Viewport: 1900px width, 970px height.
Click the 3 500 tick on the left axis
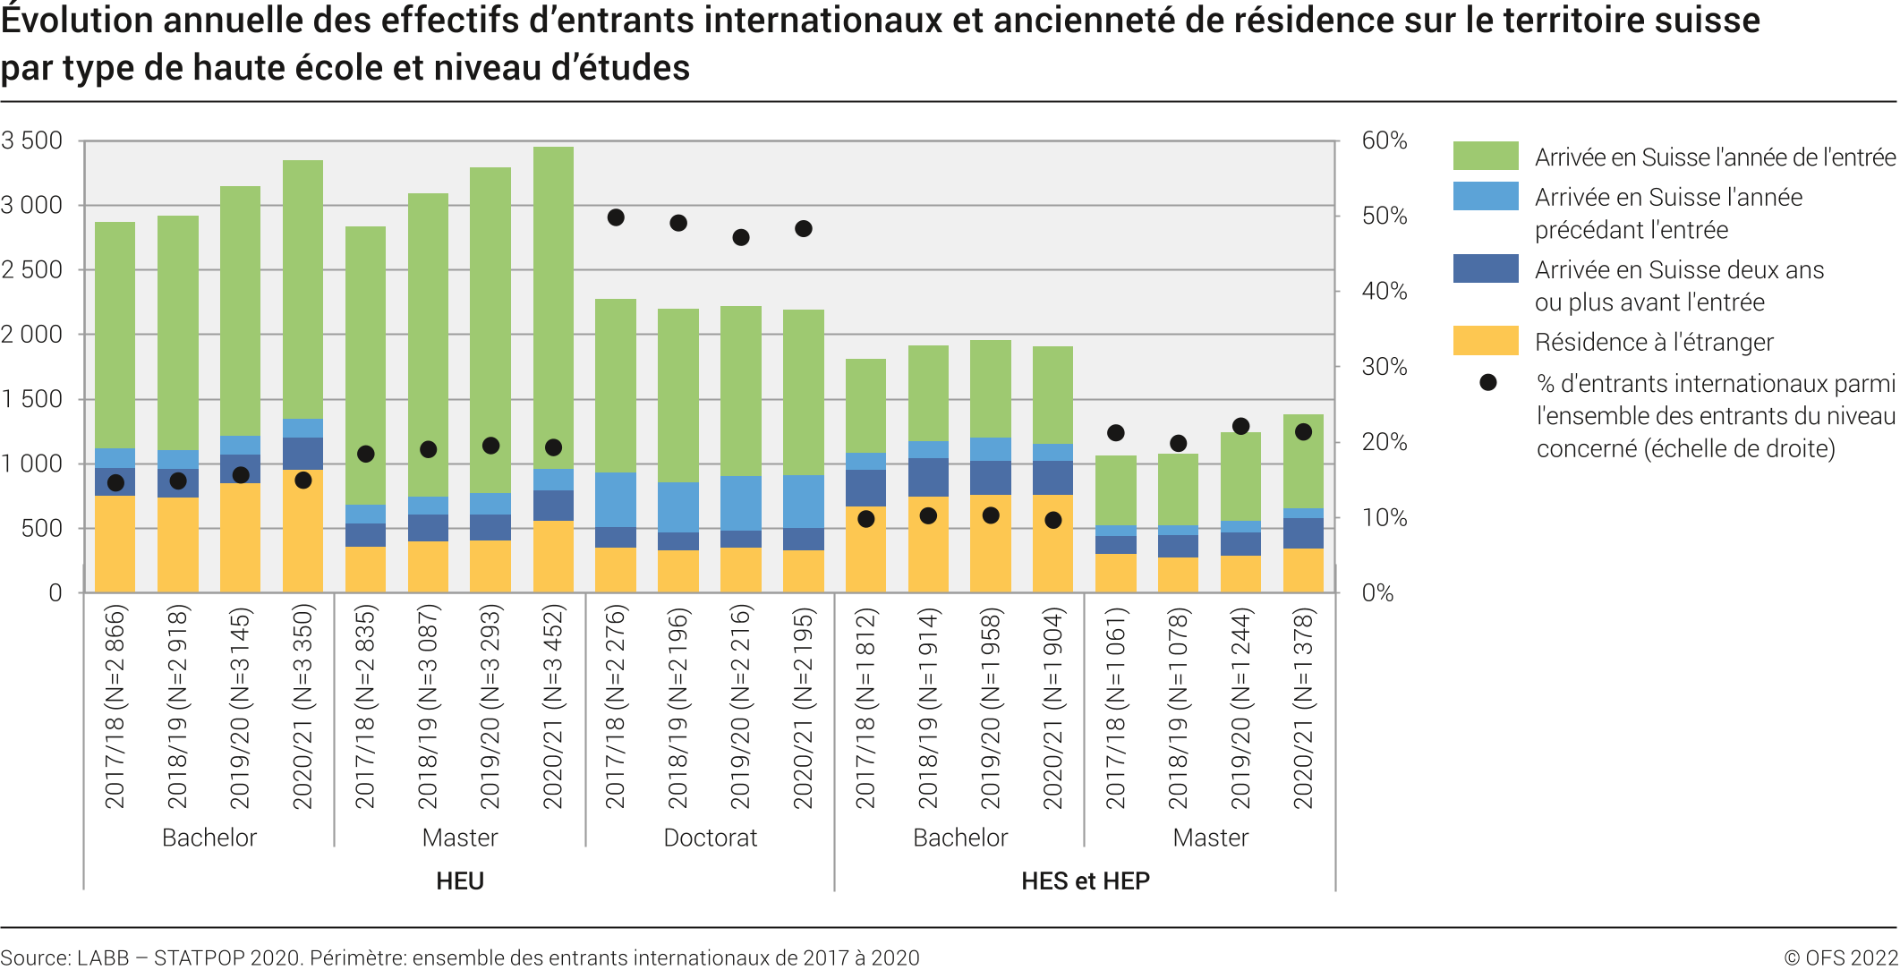point(32,140)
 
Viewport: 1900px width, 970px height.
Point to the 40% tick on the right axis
point(1384,291)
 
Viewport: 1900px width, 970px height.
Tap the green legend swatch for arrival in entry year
point(1485,156)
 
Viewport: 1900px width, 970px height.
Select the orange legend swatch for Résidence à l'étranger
point(1485,341)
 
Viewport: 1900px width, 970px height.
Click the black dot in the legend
point(1487,383)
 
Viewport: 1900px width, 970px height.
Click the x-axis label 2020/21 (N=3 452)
point(553,707)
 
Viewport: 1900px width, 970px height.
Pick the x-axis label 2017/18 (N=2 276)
point(616,707)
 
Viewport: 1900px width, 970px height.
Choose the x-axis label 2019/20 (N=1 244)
point(1240,707)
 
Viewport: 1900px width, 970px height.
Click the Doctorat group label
point(710,838)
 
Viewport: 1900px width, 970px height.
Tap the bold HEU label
point(460,881)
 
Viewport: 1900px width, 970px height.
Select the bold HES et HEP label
point(1085,881)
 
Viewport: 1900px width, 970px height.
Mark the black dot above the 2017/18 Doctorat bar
point(616,217)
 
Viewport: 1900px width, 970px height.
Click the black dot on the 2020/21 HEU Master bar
point(553,447)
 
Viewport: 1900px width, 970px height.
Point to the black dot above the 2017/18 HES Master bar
point(1115,433)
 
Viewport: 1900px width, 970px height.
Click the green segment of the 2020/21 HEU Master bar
point(553,304)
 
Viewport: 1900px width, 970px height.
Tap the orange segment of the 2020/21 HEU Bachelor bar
point(302,532)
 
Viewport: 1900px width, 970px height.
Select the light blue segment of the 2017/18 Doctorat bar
point(616,499)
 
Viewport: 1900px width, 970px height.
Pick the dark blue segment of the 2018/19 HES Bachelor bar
point(928,477)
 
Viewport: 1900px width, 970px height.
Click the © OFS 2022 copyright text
point(1840,957)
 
